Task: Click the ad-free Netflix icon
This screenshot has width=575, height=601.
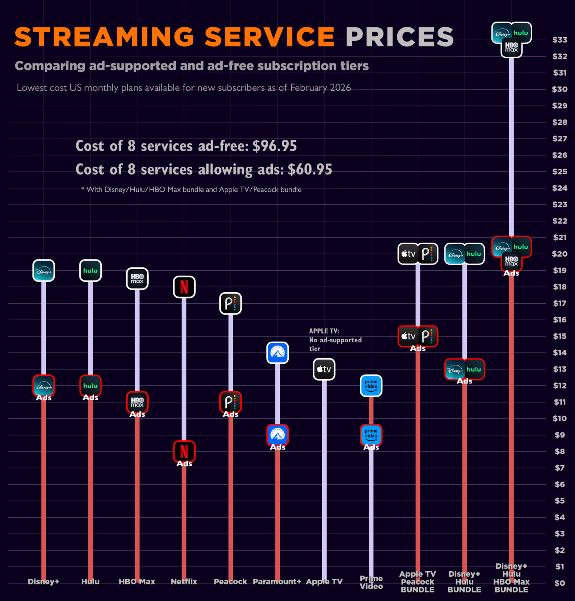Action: (184, 287)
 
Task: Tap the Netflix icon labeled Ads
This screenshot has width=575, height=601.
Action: (184, 451)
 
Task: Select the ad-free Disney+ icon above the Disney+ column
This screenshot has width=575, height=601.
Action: (43, 270)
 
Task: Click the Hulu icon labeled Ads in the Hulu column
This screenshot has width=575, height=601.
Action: (90, 386)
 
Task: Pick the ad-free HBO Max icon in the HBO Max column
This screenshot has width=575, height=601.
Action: (137, 279)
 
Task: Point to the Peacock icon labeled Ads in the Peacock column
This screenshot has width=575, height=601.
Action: (231, 402)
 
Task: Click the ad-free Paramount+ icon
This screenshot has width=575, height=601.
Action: (278, 353)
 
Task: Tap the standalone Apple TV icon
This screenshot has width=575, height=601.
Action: (324, 369)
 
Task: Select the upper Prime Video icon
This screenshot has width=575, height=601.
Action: (371, 385)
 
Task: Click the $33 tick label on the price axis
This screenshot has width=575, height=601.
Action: (559, 40)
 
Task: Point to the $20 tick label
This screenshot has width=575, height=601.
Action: (559, 254)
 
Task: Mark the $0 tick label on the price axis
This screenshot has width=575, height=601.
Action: (559, 583)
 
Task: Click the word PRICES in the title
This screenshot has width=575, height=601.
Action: (399, 37)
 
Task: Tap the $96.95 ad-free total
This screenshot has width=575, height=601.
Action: (274, 146)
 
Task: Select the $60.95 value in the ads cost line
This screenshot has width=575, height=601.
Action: (310, 169)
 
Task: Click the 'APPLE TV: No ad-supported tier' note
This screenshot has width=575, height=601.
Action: (335, 340)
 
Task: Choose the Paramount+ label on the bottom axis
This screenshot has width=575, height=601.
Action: (277, 581)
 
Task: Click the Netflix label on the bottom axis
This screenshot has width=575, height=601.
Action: (184, 581)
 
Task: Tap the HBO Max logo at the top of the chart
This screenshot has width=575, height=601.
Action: (512, 47)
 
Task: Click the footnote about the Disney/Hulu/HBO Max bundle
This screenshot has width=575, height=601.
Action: (191, 190)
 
